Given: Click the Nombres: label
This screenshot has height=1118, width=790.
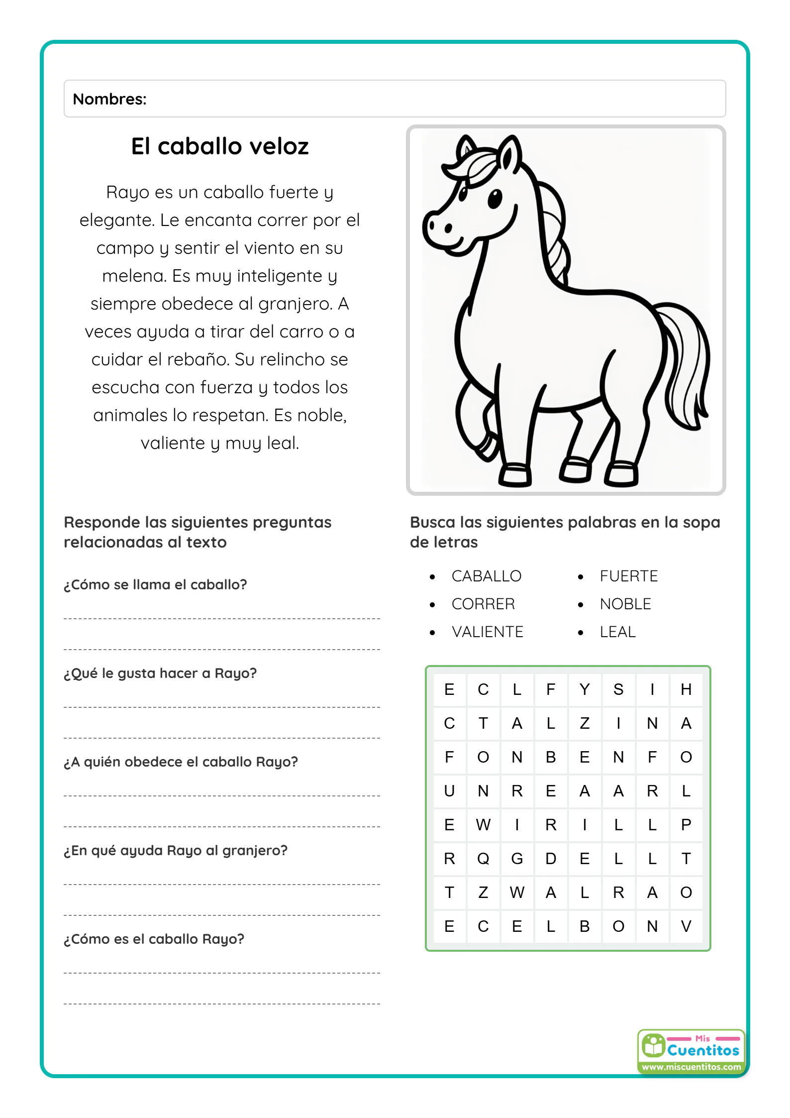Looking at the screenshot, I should click(x=109, y=99).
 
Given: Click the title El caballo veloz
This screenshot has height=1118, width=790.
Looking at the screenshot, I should click(x=219, y=146).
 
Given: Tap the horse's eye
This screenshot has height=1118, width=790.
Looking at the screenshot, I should click(x=494, y=199).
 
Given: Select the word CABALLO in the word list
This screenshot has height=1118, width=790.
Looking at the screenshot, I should click(x=486, y=576).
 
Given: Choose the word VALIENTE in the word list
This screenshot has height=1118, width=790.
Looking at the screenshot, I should click(x=487, y=632).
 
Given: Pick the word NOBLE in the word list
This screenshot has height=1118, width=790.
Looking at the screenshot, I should click(x=625, y=604).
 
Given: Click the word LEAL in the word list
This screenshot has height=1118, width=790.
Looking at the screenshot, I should click(x=617, y=632).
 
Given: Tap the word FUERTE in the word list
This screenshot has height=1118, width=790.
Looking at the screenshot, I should click(x=628, y=576).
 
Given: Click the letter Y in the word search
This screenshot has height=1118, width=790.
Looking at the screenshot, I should click(x=585, y=689).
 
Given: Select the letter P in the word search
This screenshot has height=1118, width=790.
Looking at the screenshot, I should click(x=686, y=825).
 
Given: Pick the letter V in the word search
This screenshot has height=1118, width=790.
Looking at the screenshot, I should click(x=686, y=926).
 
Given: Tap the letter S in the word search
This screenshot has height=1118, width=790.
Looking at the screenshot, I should click(x=618, y=689).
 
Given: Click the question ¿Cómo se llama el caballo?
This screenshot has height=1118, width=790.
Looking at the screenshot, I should click(x=155, y=584).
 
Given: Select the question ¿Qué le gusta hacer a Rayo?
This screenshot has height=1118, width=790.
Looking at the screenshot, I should click(x=160, y=673).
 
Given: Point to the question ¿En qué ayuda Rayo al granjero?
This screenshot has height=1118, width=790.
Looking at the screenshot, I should click(x=176, y=850).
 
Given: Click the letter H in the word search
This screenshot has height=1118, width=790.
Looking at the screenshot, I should click(x=686, y=689).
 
